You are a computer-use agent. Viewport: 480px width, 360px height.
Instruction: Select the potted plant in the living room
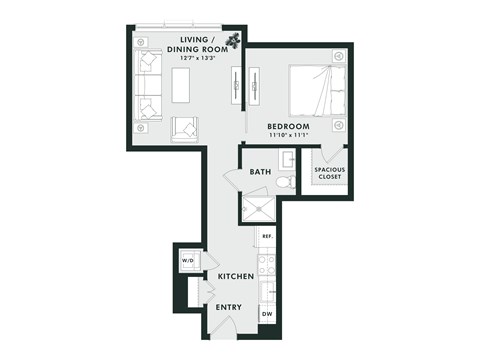coord(232,41)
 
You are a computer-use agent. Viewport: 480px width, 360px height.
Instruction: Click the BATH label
coord(260,172)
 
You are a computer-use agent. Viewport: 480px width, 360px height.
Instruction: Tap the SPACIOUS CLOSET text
coord(331,173)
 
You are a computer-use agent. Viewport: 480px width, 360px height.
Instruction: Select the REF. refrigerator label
coord(267,237)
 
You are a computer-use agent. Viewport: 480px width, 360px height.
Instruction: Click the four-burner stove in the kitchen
coord(267,265)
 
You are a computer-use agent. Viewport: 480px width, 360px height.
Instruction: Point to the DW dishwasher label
coord(267,315)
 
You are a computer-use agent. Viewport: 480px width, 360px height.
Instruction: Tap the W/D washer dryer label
coord(187,261)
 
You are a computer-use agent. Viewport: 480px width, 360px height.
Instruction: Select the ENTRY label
coord(229,307)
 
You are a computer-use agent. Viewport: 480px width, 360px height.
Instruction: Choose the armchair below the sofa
coord(185,127)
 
